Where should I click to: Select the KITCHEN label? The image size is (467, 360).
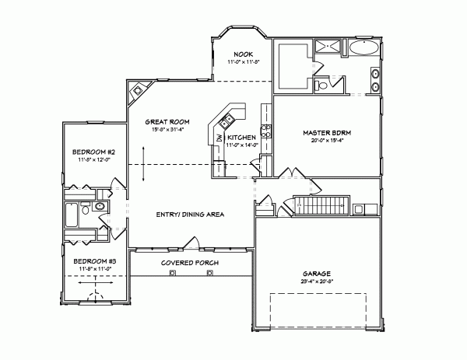pyautogui.click(x=241, y=138)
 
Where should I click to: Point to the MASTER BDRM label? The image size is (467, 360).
pyautogui.click(x=326, y=133)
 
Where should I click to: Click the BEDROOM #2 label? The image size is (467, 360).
pyautogui.click(x=94, y=151)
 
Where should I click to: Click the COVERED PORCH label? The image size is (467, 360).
pyautogui.click(x=190, y=264)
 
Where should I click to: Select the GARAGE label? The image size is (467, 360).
pyautogui.click(x=318, y=274)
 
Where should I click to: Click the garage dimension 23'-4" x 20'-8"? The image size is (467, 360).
pyautogui.click(x=318, y=282)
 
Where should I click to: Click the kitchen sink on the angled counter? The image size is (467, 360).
pyautogui.click(x=226, y=121)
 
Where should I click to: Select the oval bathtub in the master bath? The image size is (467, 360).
pyautogui.click(x=363, y=50)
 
